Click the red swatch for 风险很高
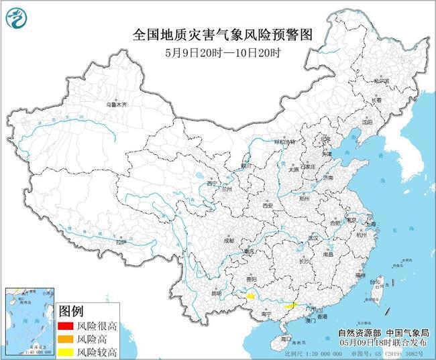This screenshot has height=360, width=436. [x=66, y=326]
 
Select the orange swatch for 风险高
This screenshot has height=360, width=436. [x=66, y=339]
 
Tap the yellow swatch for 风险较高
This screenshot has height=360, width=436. [x=66, y=351]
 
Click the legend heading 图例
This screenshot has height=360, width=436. [x=71, y=312]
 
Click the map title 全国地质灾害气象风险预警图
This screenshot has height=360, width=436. [x=219, y=36]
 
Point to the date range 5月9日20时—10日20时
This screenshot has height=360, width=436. [x=219, y=52]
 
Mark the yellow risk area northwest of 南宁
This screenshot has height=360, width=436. [x=250, y=295]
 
